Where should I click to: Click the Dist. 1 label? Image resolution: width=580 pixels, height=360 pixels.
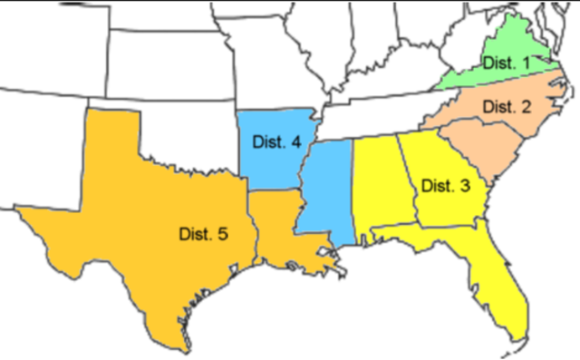coord(505,63)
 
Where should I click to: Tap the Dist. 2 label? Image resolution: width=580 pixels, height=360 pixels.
coord(507,107)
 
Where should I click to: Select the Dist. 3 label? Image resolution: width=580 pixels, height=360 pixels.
coord(446,186)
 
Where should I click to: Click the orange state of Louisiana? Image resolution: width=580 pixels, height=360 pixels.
coord(281,227)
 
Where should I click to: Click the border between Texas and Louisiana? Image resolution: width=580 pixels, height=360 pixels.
coord(253,227)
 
